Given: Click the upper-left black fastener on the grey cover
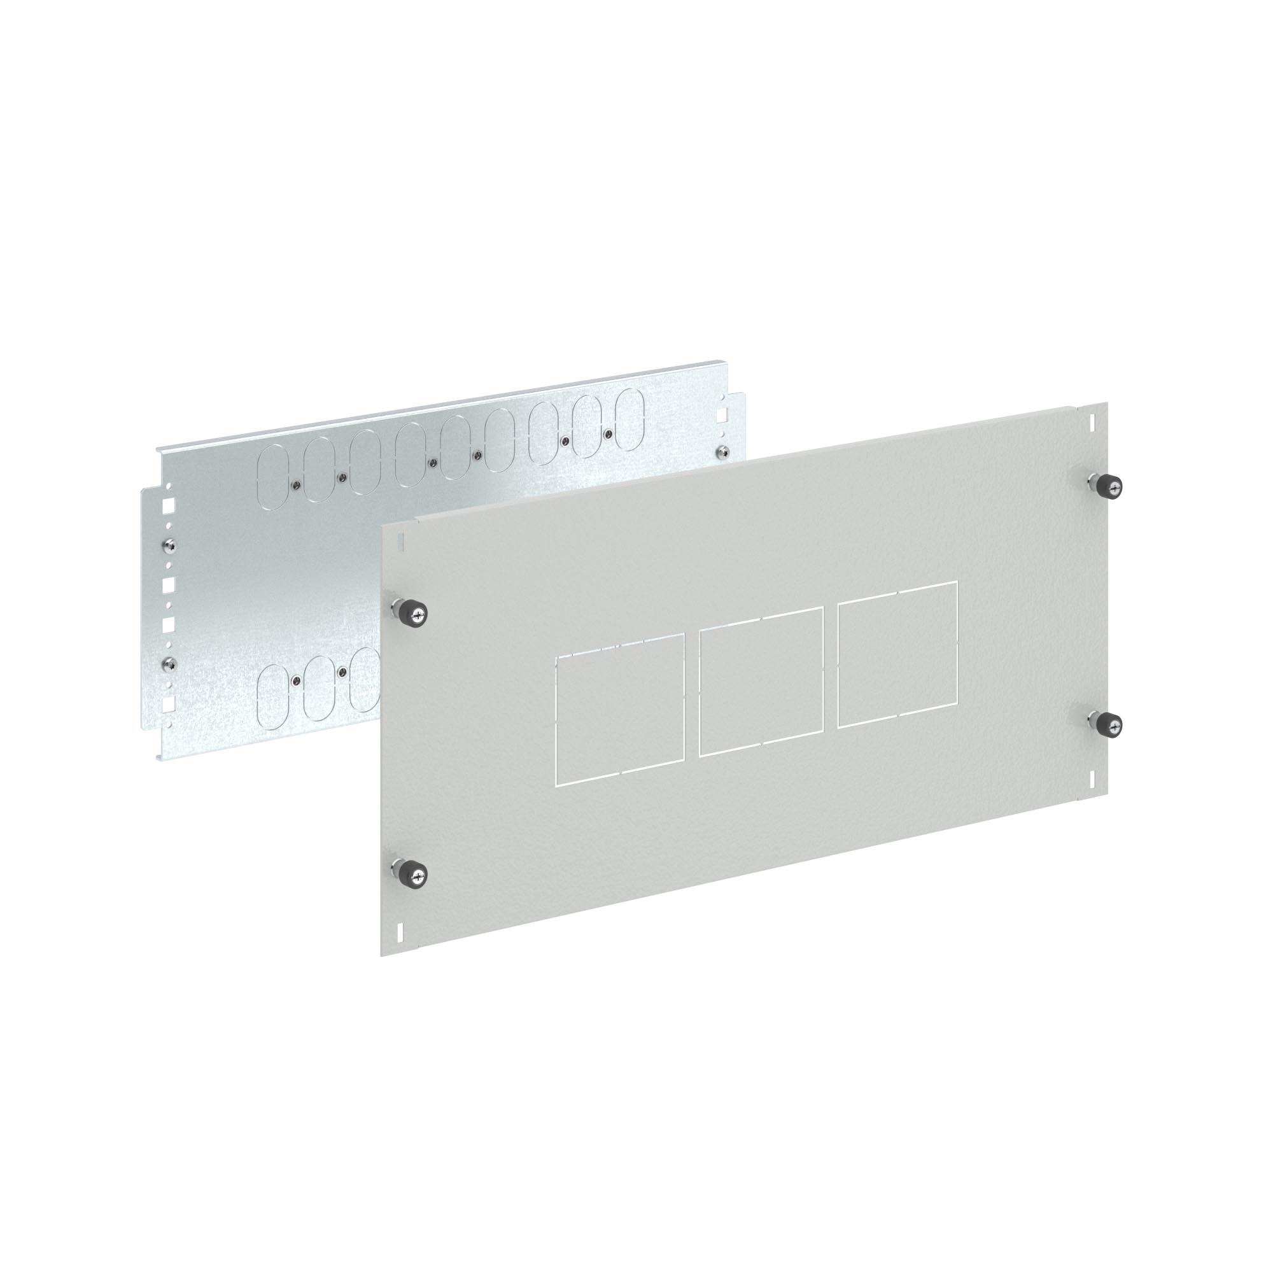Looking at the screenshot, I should click(x=416, y=614).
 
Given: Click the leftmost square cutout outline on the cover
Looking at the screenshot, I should click(x=620, y=709).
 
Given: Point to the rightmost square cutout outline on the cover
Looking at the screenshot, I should click(x=897, y=654).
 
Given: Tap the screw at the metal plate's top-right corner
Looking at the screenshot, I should click(x=724, y=451).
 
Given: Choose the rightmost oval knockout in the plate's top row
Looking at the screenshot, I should click(x=631, y=419).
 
